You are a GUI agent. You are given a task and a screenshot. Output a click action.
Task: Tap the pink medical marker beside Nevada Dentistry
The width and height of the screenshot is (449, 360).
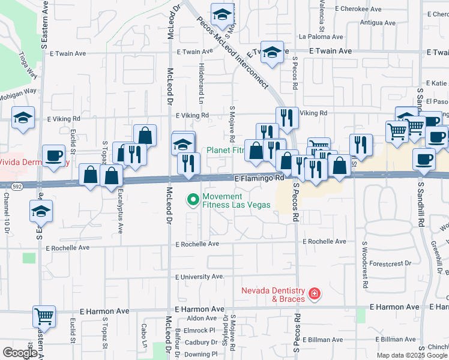tap(314, 293)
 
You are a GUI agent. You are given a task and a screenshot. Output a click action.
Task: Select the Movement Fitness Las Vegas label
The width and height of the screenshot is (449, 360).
tap(236, 200)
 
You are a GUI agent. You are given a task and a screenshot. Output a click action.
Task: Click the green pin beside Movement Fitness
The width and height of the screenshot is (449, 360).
tap(193, 199)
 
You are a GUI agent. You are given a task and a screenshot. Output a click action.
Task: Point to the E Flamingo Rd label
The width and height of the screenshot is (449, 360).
tap(259, 178)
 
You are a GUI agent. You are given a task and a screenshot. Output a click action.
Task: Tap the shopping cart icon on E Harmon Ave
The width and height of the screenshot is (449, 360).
tap(44, 315)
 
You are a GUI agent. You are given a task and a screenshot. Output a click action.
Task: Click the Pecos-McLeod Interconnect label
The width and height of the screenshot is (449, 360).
tap(234, 50)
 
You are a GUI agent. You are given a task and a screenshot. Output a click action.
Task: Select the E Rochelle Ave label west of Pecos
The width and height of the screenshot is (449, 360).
tap(197, 244)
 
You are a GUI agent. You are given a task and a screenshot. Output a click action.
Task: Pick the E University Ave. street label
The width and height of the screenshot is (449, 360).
tap(199, 277)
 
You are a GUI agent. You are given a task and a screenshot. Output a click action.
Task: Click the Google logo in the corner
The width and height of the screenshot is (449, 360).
tap(20, 352)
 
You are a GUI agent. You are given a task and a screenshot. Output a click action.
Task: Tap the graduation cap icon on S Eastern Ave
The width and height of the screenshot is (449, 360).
tap(41, 211)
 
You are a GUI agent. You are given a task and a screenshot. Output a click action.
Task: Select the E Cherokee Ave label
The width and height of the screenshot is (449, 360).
tap(359, 9)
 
